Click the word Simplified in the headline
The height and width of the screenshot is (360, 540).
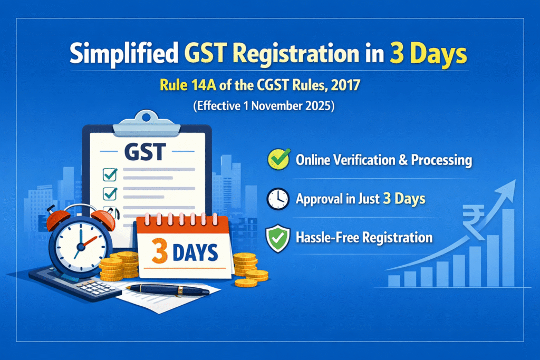pyautogui.click(x=124, y=54)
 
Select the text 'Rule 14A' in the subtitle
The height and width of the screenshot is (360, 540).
pyautogui.click(x=188, y=85)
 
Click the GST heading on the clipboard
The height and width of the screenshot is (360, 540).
pyautogui.click(x=145, y=152)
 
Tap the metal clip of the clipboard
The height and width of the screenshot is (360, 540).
pyautogui.click(x=147, y=123)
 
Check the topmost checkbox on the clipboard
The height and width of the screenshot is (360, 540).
pyautogui.click(x=110, y=174)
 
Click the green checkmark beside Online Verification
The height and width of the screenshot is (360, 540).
pyautogui.click(x=279, y=159)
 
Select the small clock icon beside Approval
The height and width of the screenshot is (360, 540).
pyautogui.click(x=278, y=199)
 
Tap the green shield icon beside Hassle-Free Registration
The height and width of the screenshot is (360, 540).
pyautogui.click(x=278, y=238)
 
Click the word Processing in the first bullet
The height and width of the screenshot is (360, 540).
pyautogui.click(x=441, y=160)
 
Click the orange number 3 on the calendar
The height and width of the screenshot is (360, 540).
pyautogui.click(x=159, y=251)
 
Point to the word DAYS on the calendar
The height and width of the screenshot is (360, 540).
pyautogui.click(x=195, y=253)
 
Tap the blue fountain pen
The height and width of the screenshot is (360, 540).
pyautogui.click(x=168, y=289)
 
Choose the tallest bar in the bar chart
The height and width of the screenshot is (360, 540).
pyautogui.click(x=508, y=247)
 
